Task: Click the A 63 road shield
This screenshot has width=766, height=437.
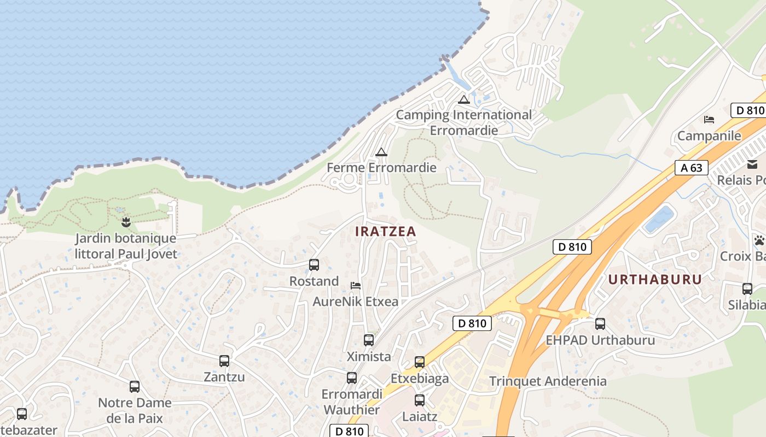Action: [x=692, y=168]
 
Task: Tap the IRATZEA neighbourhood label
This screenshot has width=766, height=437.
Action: [x=386, y=231]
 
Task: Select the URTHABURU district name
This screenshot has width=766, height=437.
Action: [x=655, y=280]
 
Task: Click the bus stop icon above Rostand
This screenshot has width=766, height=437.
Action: [x=314, y=265]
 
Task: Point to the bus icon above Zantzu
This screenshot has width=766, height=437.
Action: [x=224, y=361]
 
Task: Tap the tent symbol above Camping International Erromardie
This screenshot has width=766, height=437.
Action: [x=464, y=99]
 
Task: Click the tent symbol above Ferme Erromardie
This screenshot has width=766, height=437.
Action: [x=381, y=152]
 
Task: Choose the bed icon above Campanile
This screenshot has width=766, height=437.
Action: [x=709, y=119]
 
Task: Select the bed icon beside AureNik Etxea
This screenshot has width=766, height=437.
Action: [x=356, y=285]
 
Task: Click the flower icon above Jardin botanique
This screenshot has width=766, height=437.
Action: [x=126, y=222]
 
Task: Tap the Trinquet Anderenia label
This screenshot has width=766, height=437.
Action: [x=548, y=381]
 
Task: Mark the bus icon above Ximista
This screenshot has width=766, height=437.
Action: [x=369, y=340]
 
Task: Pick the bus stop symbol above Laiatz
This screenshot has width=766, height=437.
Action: [x=420, y=400]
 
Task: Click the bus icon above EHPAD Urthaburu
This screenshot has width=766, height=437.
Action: [x=600, y=324]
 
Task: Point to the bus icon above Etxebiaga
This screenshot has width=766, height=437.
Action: [x=420, y=362]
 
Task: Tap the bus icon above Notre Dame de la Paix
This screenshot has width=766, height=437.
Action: [x=135, y=387]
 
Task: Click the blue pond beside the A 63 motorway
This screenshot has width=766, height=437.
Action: [x=659, y=219]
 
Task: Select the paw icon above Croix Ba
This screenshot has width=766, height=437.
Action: [x=759, y=240]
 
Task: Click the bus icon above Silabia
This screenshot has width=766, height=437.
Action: [x=747, y=288]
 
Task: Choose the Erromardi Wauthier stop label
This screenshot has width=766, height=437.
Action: [x=351, y=402]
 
